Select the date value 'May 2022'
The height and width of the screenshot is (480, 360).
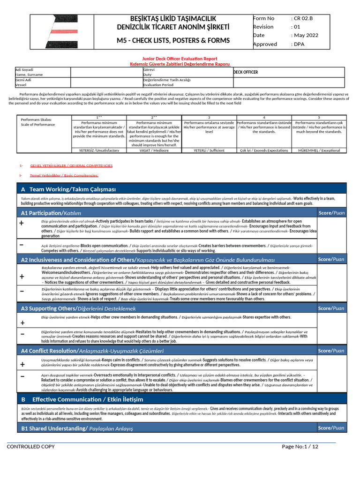click(306, 35)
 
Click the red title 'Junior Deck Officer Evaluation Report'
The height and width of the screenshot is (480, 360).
click(180, 59)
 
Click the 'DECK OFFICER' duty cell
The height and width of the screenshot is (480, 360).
click(246, 72)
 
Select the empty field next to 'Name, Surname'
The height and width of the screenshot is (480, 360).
click(105, 72)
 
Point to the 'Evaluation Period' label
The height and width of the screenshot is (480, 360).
click(158, 85)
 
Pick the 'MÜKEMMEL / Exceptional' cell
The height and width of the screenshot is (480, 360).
click(319, 150)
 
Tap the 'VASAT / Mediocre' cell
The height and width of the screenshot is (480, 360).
click(154, 150)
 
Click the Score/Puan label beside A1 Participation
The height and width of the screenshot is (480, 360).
click(331, 213)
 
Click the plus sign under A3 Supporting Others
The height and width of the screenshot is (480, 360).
click(22, 323)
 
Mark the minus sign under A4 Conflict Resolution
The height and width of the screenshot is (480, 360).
click(22, 376)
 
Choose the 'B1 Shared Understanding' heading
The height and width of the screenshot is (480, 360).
click(77, 428)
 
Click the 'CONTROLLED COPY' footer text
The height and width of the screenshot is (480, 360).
click(30, 447)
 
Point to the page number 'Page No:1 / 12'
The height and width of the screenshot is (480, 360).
click(300, 447)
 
